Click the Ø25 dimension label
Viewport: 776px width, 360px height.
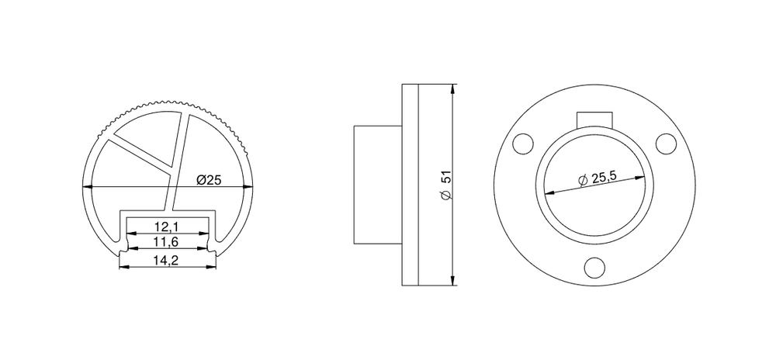pyautogui.click(x=209, y=180)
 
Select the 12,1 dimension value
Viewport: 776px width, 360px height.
pyautogui.click(x=166, y=227)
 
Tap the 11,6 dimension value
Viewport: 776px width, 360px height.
pyautogui.click(x=166, y=242)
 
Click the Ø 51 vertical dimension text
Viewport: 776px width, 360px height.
pyautogui.click(x=446, y=185)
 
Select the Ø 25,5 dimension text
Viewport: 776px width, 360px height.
pyautogui.click(x=601, y=177)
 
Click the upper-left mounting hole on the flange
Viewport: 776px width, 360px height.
pyautogui.click(x=523, y=144)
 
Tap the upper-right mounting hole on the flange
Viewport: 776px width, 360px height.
pyautogui.click(x=666, y=144)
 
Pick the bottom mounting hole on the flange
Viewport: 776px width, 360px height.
pyautogui.click(x=594, y=267)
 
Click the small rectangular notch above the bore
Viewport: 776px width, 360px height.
pyautogui.click(x=594, y=119)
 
